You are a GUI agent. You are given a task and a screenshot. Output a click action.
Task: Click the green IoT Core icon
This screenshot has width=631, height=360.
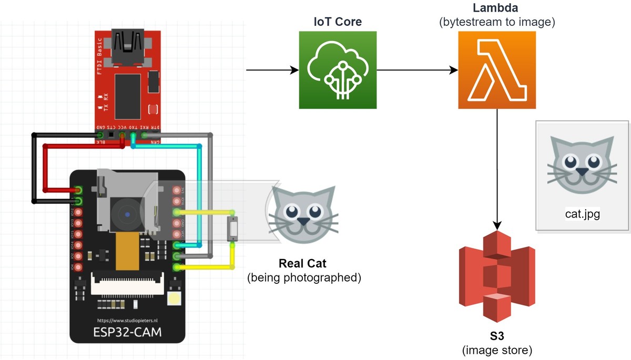pos(338,70)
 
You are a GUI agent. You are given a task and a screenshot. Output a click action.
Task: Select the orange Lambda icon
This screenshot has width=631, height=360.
pos(497,70)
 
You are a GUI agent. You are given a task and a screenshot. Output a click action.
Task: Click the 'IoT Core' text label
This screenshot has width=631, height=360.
pos(338,22)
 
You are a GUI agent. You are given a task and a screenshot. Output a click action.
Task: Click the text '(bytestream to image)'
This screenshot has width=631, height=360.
pos(497,23)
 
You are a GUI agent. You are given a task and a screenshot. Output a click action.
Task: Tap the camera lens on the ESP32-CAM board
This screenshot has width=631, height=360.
pos(127,214)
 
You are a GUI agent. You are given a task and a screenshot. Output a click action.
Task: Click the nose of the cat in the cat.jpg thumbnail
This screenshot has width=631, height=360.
pos(581,171)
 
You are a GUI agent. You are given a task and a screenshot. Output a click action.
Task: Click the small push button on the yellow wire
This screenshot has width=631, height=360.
pos(232,229)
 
